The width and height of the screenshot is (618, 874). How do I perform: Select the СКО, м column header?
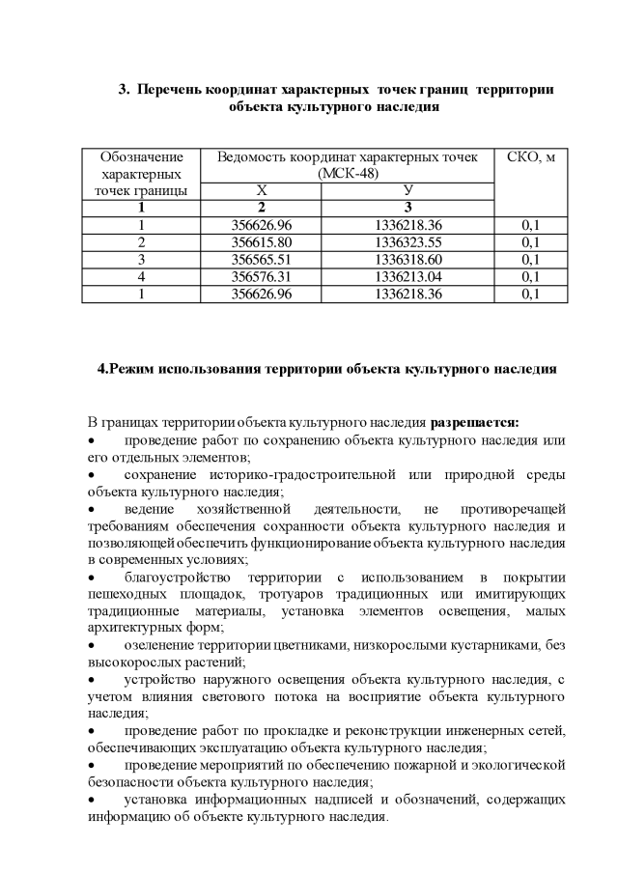point(531,157)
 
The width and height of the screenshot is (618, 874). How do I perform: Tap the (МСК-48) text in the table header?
point(348,174)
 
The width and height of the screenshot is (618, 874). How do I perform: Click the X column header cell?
point(261,191)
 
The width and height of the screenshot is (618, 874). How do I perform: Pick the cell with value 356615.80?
point(261,242)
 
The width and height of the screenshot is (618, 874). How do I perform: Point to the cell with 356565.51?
point(261,260)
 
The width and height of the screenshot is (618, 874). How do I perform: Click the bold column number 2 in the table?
point(261,208)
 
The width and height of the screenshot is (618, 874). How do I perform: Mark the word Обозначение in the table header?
point(142,157)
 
